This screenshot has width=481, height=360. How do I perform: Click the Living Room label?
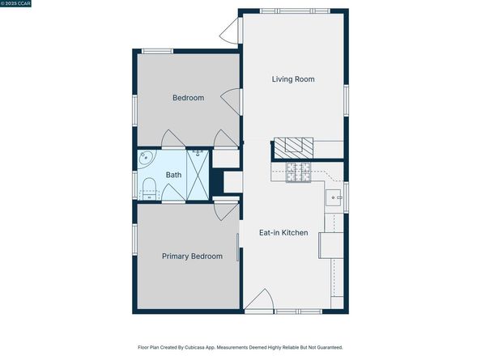[x=293, y=79]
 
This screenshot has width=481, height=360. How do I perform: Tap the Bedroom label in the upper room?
[x=188, y=98]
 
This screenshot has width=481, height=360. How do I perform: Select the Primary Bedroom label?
[x=192, y=256]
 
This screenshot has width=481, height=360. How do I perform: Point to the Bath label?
[x=173, y=175]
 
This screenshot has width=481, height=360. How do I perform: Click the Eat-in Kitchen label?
[x=283, y=232]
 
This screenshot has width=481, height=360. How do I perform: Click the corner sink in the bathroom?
[x=146, y=159]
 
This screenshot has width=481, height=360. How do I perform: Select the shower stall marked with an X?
[x=198, y=175]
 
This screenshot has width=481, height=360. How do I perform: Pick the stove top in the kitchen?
[x=298, y=172]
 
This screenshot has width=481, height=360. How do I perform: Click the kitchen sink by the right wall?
[x=333, y=198]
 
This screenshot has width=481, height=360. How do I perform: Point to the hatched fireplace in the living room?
[x=294, y=148]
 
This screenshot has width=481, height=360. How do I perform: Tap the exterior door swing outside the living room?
[x=229, y=30]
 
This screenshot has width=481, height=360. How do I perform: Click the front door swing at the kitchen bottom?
[x=259, y=299]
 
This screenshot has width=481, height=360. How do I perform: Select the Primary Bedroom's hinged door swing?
[x=227, y=211]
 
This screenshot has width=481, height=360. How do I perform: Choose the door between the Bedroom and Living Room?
[x=231, y=102]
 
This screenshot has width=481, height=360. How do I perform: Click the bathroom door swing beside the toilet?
[x=173, y=193]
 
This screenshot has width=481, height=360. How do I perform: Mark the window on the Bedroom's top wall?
[x=157, y=51]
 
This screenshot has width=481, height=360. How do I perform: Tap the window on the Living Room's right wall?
[x=346, y=100]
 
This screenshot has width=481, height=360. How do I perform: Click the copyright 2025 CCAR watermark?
[x=15, y=3]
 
